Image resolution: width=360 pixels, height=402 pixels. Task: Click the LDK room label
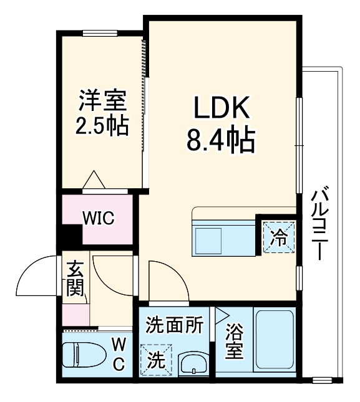tap(221, 110)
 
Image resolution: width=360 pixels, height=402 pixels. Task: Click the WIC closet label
tap(98, 219)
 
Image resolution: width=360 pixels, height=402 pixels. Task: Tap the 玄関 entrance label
tap(75, 280)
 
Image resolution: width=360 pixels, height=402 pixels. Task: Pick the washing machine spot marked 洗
tap(153, 360)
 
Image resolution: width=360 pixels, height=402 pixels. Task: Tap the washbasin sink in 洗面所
tap(193, 364)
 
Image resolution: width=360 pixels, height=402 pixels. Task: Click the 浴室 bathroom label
tap(234, 342)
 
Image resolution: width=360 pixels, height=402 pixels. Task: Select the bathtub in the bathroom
tap(274, 341)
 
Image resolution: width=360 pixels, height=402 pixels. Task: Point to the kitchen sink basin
tap(208, 239)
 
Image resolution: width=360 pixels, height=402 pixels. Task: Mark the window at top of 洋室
tap(100, 32)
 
